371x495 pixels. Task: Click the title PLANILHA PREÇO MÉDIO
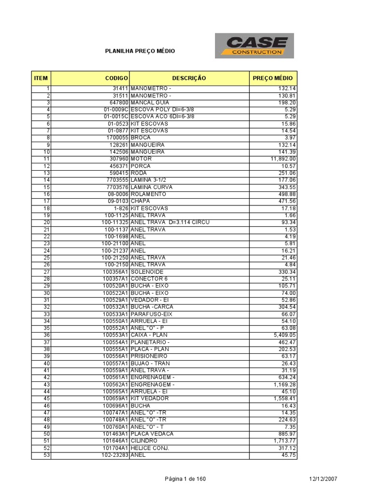[140, 51]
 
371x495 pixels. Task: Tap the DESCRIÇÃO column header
[189, 78]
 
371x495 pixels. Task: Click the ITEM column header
[41, 78]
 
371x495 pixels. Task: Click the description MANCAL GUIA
[149, 103]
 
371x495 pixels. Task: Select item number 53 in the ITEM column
[47, 455]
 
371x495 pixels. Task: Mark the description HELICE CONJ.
[150, 448]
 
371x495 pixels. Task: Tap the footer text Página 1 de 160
[185, 479]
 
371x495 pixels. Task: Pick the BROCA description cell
[141, 138]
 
